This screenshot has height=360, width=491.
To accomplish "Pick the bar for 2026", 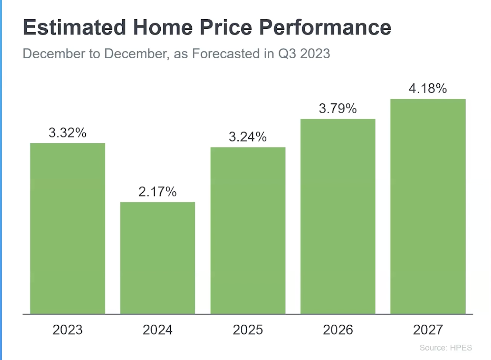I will (x=338, y=216).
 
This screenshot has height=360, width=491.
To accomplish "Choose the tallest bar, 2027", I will (x=428, y=206).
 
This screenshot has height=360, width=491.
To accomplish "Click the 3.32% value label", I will (x=67, y=133).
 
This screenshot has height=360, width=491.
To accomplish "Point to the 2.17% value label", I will (x=157, y=192).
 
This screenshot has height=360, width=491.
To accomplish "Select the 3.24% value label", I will (x=248, y=137).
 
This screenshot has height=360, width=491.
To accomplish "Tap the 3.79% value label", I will (x=338, y=109).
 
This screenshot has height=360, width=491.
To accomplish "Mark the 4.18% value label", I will (x=428, y=89).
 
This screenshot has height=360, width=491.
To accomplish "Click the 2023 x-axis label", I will (x=67, y=330).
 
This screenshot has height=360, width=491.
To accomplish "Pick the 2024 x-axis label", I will (x=157, y=330).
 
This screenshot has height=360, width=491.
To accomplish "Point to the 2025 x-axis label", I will (x=248, y=330).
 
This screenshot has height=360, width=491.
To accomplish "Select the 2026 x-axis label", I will (x=338, y=330).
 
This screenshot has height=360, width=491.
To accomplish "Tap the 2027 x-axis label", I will (x=428, y=330).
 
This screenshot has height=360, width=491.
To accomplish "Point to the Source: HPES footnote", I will (x=445, y=348).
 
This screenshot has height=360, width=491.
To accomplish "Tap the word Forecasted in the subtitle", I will (x=225, y=54).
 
